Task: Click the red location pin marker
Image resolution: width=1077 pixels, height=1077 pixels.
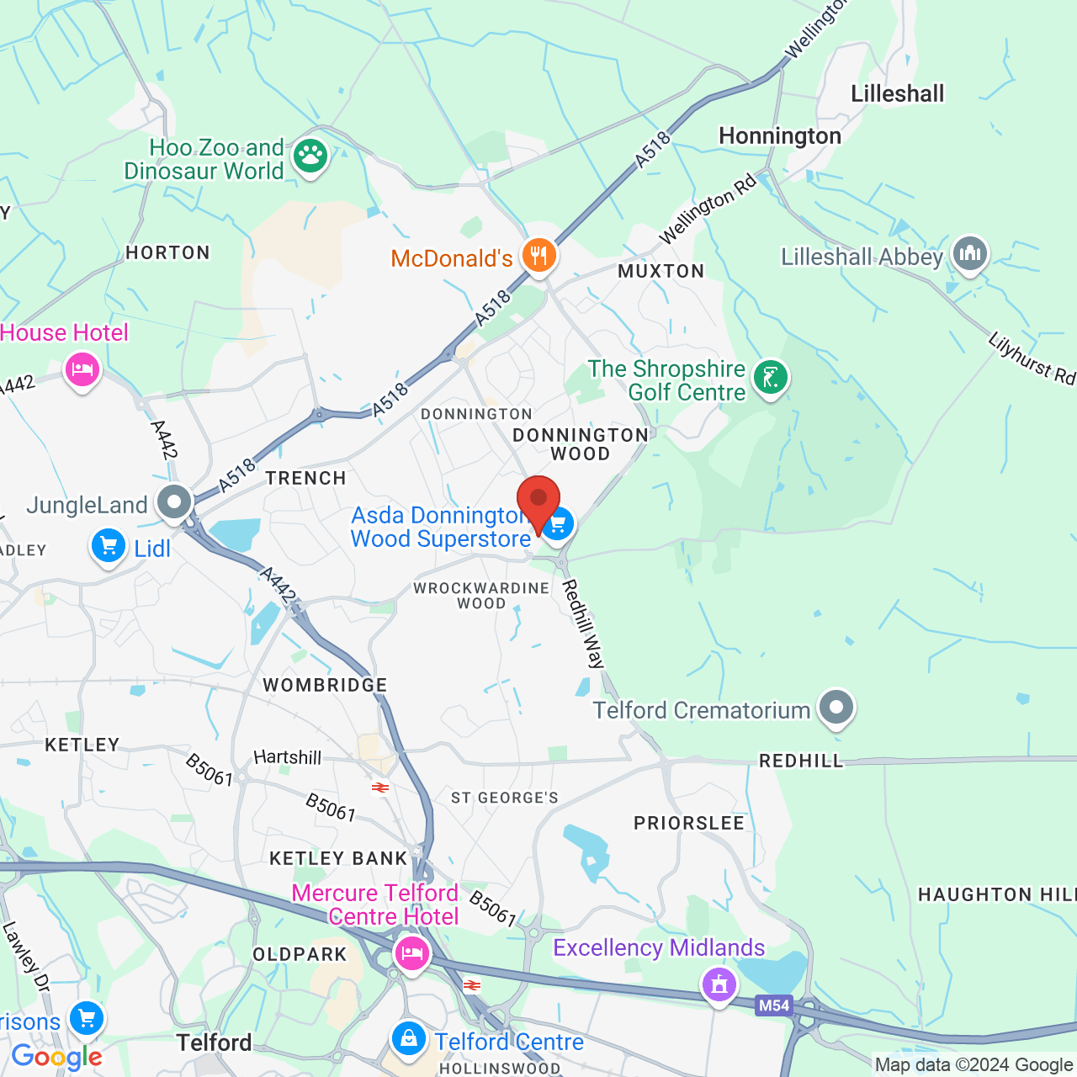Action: tap(538, 499)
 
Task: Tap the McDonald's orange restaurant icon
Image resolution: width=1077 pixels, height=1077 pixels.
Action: tap(539, 255)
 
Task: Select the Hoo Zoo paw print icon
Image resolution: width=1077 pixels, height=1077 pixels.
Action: tap(310, 156)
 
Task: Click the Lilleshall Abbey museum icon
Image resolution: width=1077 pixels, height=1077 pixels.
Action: tap(970, 252)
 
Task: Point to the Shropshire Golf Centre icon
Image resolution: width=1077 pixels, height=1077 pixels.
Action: tap(770, 378)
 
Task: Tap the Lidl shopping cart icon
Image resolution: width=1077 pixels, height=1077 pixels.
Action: tap(109, 546)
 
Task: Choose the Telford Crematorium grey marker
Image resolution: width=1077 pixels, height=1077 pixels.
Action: tap(836, 708)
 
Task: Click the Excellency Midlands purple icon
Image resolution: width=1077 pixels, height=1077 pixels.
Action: tap(719, 984)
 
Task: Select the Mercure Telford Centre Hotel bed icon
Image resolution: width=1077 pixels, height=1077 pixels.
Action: tap(411, 954)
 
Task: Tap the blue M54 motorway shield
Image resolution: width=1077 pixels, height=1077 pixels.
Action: tap(773, 1005)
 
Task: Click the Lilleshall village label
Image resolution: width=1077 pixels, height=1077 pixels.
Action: tap(897, 93)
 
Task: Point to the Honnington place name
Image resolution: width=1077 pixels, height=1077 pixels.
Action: tap(780, 136)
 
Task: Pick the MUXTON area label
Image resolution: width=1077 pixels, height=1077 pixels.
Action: tap(661, 271)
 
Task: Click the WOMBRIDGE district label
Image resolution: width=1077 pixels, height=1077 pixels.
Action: tap(325, 685)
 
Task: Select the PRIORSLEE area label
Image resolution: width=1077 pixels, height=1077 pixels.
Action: tap(689, 823)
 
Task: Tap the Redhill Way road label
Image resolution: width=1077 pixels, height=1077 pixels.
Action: tap(584, 623)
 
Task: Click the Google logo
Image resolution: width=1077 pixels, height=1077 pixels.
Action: tap(56, 1057)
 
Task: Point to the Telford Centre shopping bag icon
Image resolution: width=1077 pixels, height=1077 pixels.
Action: tap(409, 1039)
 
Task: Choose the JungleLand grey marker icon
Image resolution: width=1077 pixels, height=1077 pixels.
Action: tap(175, 503)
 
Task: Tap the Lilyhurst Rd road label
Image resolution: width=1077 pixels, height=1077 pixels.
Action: tap(1032, 358)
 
